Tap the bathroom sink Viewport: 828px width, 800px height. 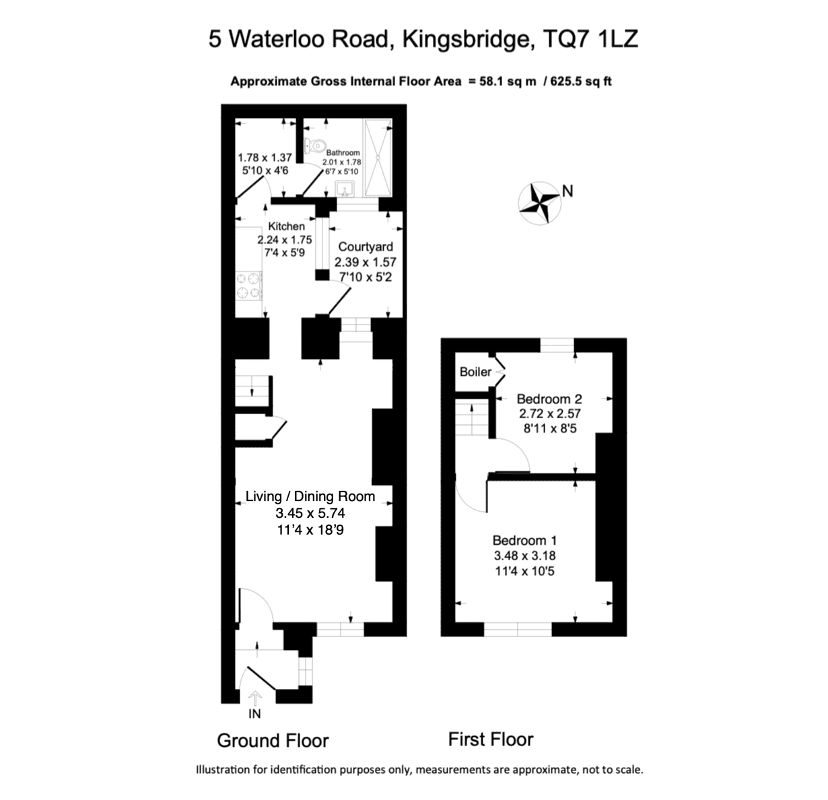point(345,189)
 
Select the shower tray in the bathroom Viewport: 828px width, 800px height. point(377,158)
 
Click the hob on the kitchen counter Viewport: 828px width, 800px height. point(248,286)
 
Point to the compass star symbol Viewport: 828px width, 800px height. point(539,203)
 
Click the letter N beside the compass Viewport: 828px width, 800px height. point(567,191)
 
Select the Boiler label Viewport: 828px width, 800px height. point(475,372)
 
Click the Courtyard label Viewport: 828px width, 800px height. point(366,247)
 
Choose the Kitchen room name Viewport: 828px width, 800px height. point(286,226)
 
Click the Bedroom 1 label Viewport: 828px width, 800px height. point(524,541)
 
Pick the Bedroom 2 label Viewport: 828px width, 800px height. point(549,399)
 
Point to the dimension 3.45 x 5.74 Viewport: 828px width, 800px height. point(310,513)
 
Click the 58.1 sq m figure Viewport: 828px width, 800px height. point(508,81)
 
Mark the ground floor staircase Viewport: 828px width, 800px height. point(252,391)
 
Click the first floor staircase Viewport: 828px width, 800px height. point(472,418)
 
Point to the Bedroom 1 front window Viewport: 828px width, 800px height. point(518,630)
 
